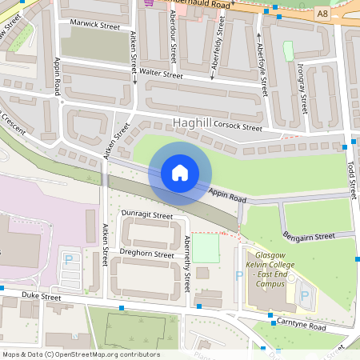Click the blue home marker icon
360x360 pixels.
180,173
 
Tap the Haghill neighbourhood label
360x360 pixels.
190,123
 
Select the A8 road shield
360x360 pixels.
322,14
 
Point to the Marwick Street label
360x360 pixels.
94,26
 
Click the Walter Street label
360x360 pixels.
162,74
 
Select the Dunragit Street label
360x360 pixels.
146,216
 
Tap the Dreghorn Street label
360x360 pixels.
146,254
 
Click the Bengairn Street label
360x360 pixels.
308,237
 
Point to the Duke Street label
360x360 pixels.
41,297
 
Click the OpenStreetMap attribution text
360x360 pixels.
81,354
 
